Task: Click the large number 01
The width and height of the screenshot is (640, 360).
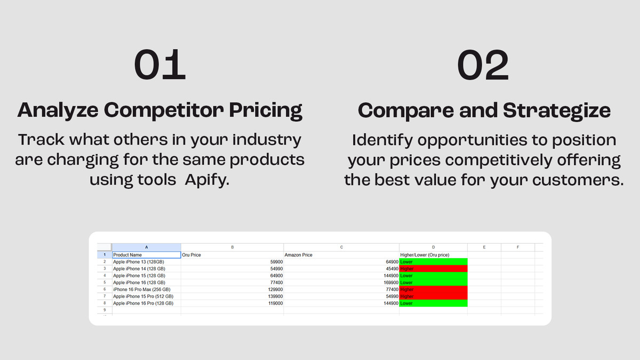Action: (x=159, y=65)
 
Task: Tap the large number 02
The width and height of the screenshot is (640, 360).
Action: (x=483, y=65)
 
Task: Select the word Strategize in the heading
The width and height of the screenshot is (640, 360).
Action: (x=556, y=110)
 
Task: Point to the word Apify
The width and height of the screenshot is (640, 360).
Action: (x=207, y=179)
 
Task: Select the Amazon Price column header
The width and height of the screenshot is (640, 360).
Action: (x=299, y=255)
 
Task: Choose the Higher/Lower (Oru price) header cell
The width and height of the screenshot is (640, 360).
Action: (x=425, y=255)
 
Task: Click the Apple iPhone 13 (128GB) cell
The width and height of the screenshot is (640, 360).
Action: (x=139, y=262)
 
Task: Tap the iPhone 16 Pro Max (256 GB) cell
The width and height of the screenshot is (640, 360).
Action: (x=143, y=289)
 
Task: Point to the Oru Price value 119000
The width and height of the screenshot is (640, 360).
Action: (x=274, y=303)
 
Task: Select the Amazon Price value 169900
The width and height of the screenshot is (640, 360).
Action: (x=387, y=283)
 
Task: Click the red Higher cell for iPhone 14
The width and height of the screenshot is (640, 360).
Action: (x=433, y=269)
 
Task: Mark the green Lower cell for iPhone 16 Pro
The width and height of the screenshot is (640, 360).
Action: (x=433, y=303)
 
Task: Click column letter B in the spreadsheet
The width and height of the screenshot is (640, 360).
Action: (x=232, y=247)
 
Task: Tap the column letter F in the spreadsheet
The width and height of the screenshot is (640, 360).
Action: (x=518, y=247)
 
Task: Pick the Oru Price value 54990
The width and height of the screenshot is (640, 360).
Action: (x=274, y=269)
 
